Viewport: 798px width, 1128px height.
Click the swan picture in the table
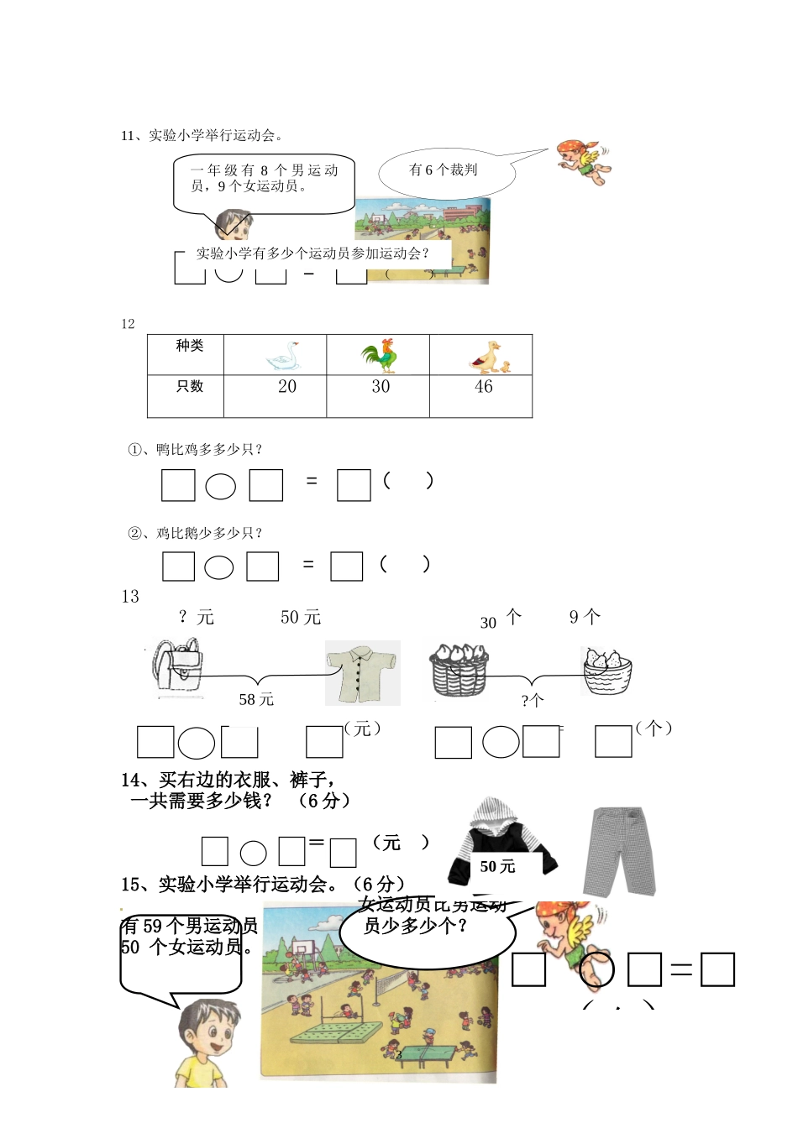coord(283,356)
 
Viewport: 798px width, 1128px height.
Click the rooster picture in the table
coord(380,356)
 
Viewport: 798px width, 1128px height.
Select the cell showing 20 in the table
coord(286,387)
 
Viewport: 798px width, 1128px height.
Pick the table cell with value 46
coord(483,387)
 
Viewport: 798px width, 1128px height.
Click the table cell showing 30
coord(381,387)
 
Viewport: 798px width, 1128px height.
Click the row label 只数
coord(189,387)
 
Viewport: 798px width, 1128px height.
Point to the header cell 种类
coord(189,346)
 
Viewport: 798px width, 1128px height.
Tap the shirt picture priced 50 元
coord(362,673)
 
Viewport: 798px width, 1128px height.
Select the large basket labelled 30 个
coord(459,670)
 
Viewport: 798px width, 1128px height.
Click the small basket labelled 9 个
coord(606,671)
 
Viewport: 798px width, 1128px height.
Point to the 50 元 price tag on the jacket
coord(497,867)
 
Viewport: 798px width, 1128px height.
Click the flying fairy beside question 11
coord(585,161)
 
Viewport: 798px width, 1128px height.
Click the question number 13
coord(130,597)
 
